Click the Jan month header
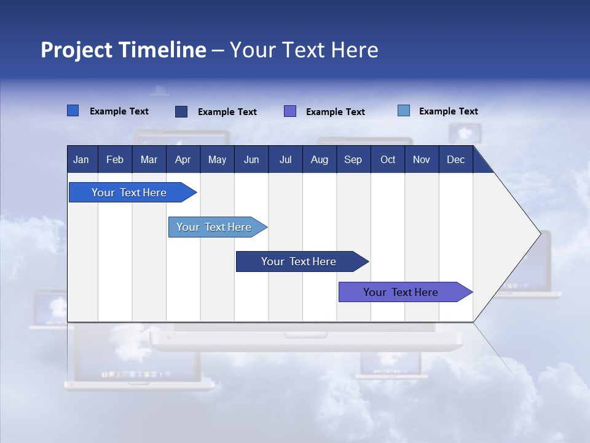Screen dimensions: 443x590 point(82,159)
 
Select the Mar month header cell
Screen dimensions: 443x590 point(149,159)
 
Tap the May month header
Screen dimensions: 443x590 point(217,159)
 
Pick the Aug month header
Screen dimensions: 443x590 point(319,159)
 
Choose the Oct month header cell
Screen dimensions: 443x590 point(387,159)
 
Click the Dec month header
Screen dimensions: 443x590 point(455,159)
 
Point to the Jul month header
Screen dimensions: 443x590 point(285,159)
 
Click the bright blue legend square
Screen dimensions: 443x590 point(73,111)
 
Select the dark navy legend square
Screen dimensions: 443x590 point(181,111)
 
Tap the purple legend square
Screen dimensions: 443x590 point(289,111)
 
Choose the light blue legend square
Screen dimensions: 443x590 point(403,111)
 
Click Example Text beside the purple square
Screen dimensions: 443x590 point(335,112)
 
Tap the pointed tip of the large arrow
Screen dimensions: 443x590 point(539,233)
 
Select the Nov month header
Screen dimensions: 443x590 point(421,159)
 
